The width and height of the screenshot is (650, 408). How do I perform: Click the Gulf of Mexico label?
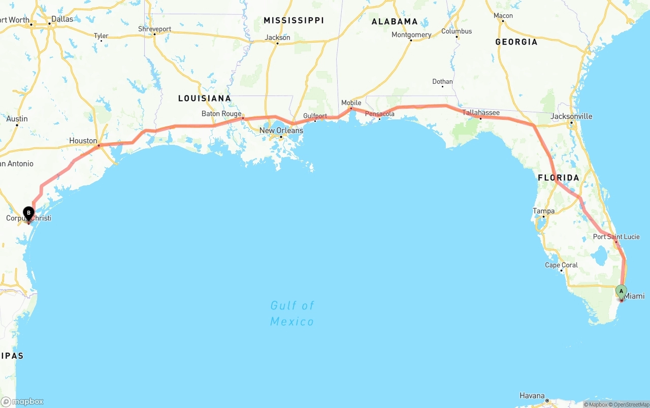point(292,313)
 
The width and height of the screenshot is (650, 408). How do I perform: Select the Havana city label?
point(532,396)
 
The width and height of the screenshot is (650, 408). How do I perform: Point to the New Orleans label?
point(281,131)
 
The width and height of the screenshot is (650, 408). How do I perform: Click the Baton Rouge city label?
point(221,113)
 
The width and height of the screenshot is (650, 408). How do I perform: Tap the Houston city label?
point(83,141)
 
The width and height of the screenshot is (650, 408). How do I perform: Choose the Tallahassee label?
point(481,113)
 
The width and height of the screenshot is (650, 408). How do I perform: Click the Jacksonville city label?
point(571,116)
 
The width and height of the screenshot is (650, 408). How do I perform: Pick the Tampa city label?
point(543,211)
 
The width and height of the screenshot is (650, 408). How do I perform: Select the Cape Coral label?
point(561,265)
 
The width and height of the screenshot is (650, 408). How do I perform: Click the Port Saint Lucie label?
point(616,237)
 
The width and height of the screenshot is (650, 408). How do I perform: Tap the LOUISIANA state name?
point(205,99)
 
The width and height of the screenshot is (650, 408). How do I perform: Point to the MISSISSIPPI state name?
point(294,20)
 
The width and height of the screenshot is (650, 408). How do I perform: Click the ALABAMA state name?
point(395,21)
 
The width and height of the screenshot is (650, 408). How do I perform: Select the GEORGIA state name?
point(516,42)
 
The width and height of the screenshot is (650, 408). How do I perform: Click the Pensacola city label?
point(380,114)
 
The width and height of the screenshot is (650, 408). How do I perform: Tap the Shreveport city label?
point(155,29)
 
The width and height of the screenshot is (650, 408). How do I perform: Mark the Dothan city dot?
point(442,86)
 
